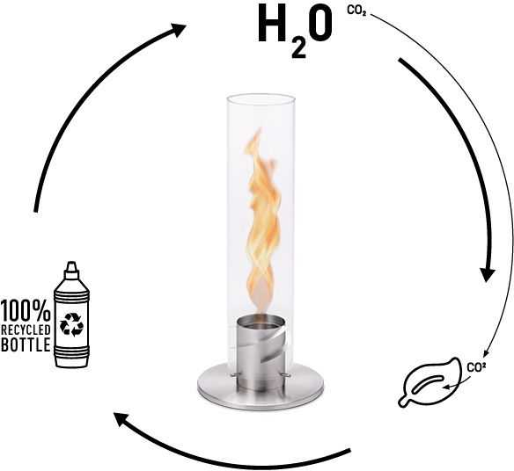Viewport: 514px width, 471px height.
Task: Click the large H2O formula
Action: pos(295,31)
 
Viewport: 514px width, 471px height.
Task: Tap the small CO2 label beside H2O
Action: pos(356,11)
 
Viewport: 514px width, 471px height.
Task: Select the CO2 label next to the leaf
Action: pos(476,367)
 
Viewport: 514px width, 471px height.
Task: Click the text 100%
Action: pos(26,310)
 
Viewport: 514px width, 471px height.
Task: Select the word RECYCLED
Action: pos(26,330)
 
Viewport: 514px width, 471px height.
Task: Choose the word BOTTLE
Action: pos(26,344)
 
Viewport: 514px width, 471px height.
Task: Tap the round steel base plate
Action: pos(261,387)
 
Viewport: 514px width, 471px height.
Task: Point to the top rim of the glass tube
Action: pos(260,98)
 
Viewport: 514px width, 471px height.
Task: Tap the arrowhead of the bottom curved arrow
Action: pos(121,420)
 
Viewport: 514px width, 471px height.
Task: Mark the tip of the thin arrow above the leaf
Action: pos(484,357)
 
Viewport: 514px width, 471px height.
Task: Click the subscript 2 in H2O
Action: pos(299,49)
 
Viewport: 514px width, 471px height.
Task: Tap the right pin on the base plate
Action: pos(285,375)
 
